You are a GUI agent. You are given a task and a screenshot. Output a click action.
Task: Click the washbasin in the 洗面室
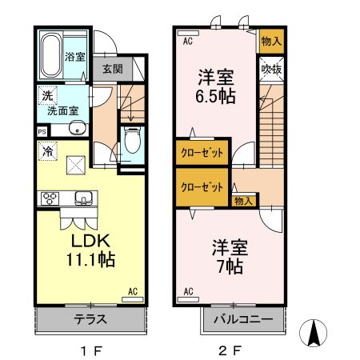click(78, 129)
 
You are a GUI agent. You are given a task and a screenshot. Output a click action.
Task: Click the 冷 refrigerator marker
click(46, 149)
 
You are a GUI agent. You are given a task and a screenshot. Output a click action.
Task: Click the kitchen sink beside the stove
click(82, 198)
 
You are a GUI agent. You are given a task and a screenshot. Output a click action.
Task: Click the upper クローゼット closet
click(202, 151)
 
